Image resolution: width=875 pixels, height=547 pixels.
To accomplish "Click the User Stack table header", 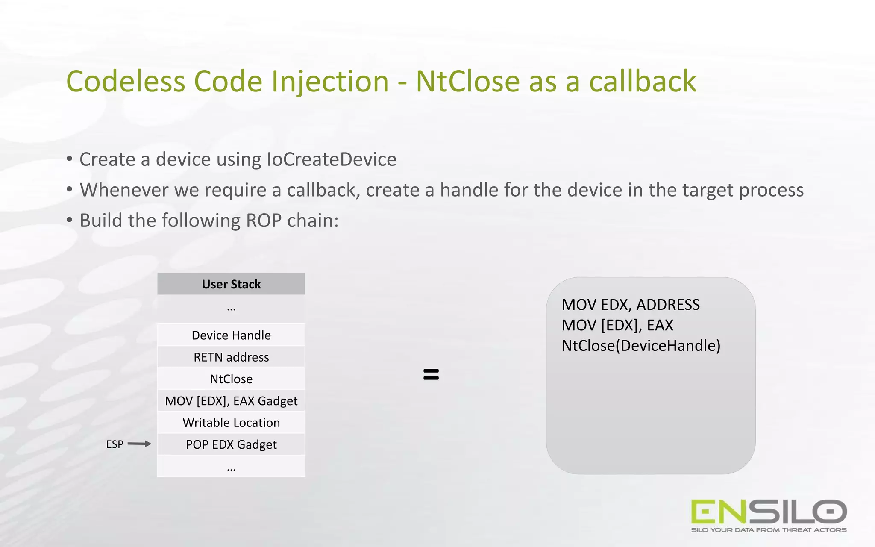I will [x=231, y=284].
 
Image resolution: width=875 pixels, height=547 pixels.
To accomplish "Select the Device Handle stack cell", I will [x=231, y=335].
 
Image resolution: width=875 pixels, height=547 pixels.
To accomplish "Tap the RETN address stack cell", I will [x=231, y=357].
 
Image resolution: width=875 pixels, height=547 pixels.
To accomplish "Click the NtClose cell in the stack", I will [x=231, y=379].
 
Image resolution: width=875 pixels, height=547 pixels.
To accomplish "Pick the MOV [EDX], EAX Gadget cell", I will [x=231, y=401].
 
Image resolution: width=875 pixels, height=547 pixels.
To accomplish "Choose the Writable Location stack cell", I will [x=231, y=423].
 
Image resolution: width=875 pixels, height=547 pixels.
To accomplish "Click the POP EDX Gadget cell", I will [x=231, y=444].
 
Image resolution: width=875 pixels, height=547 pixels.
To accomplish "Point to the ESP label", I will [x=115, y=444].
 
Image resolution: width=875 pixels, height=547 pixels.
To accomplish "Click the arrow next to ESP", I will [x=139, y=444].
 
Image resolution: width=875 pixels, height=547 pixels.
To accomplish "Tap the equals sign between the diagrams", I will [x=431, y=374].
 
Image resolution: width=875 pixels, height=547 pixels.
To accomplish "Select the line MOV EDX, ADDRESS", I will [x=630, y=305].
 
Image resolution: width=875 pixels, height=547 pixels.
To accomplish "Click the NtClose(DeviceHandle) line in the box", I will [x=640, y=346].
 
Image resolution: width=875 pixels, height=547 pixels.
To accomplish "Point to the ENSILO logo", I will [x=769, y=512].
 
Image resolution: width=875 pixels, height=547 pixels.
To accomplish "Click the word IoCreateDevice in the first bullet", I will [x=331, y=159].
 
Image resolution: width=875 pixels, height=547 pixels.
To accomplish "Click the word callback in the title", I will [x=643, y=81].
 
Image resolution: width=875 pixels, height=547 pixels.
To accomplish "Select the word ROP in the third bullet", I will [x=263, y=221].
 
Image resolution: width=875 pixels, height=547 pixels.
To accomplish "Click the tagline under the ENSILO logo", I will [x=769, y=530].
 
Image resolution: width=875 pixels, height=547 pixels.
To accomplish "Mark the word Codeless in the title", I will [x=126, y=81].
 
